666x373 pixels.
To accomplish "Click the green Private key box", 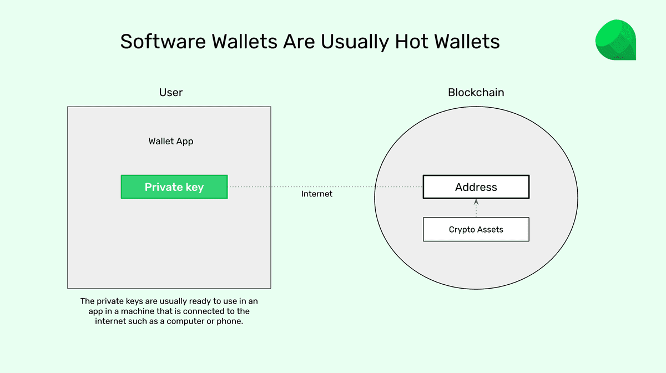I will click(174, 187).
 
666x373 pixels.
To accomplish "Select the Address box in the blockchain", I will click(476, 187).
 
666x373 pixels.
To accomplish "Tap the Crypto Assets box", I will click(476, 229).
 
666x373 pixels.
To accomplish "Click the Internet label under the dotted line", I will click(317, 194).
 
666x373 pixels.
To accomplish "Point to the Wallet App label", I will click(171, 141).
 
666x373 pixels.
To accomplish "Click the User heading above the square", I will click(170, 92).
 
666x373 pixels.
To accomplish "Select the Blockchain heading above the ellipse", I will click(476, 92).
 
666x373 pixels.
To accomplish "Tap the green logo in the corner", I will click(615, 40).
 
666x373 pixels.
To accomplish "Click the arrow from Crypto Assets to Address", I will click(476, 208).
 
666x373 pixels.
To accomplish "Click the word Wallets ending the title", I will click(470, 42).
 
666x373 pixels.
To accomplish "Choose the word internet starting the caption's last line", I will click(111, 321).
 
